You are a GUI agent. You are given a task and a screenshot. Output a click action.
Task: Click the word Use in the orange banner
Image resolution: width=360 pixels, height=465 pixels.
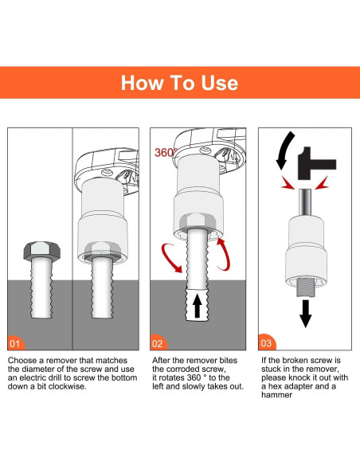tap(220, 83)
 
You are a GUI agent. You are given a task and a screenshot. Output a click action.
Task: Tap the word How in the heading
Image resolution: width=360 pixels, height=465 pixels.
tap(142, 83)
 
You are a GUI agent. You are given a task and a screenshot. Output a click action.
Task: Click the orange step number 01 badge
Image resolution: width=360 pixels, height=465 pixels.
tap(15, 343)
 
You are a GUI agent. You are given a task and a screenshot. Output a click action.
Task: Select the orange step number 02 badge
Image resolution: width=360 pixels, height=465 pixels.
tap(158, 343)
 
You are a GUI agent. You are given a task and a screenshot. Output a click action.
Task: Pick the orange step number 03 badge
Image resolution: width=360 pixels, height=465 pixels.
tap(267, 342)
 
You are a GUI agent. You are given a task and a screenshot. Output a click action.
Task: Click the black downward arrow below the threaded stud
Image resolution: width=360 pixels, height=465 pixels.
tap(305, 313)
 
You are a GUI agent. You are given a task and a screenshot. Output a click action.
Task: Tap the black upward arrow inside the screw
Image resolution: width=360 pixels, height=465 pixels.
tap(198, 306)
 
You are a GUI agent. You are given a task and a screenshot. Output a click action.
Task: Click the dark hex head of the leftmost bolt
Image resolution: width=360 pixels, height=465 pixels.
tap(41, 251)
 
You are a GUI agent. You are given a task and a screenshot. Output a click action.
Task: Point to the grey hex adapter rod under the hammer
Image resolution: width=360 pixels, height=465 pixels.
tap(305, 201)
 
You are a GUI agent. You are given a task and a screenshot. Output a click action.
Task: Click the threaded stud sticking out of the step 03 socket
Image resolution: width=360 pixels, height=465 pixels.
tap(305, 287)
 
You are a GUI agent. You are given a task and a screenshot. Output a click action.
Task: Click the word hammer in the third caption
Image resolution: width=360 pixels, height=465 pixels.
tap(276, 395)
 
